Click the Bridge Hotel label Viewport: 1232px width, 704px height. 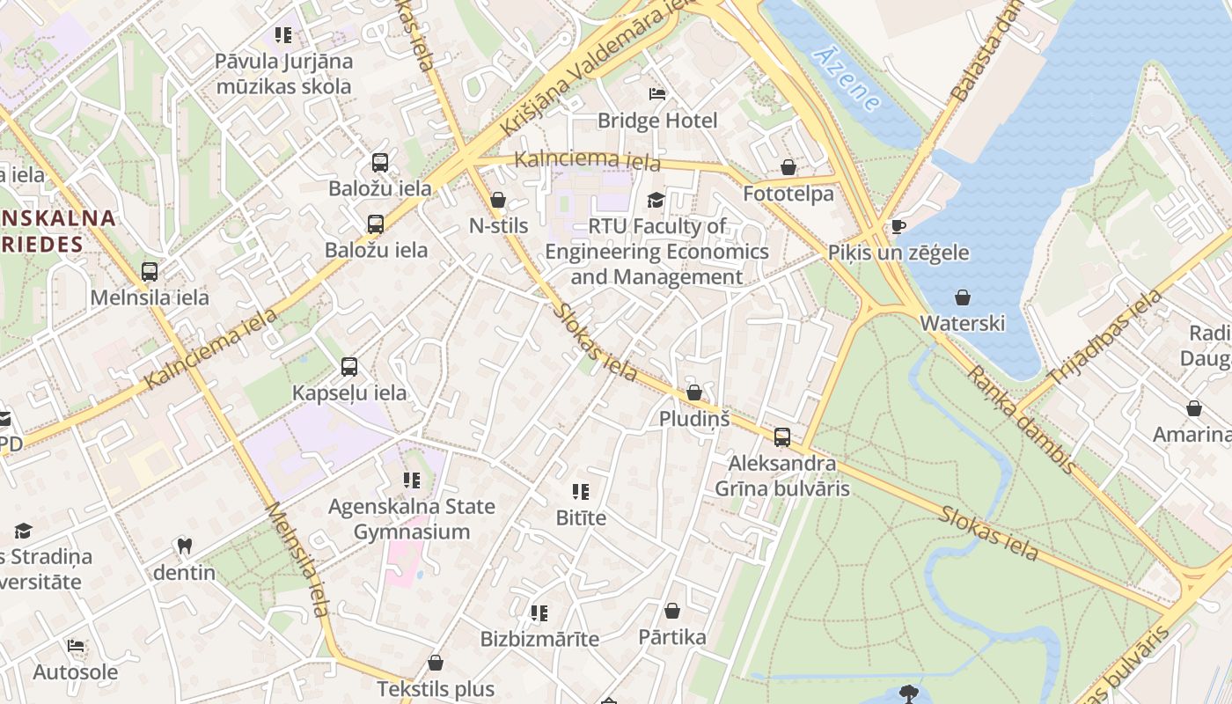[657, 121]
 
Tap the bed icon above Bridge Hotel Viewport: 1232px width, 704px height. [657, 94]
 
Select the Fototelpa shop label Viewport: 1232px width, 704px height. [788, 194]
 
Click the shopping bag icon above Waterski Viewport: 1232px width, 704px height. [963, 297]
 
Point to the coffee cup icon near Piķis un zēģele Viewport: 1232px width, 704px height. [898, 227]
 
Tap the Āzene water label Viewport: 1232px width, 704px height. [846, 79]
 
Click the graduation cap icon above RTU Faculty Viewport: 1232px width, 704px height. [656, 201]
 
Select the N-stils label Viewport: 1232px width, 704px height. [498, 226]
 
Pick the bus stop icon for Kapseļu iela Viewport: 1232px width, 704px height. [349, 367]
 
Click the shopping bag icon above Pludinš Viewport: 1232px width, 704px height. [694, 392]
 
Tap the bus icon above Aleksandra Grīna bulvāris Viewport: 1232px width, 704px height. [781, 436]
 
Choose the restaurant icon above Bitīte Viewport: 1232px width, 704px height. [581, 492]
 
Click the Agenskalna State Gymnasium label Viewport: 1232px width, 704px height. [412, 519]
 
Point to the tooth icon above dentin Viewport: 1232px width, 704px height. [184, 546]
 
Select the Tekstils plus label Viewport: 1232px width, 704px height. [436, 689]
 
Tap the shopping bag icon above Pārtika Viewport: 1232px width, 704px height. [672, 611]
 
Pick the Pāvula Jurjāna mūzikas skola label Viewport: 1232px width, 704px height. [283, 74]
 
